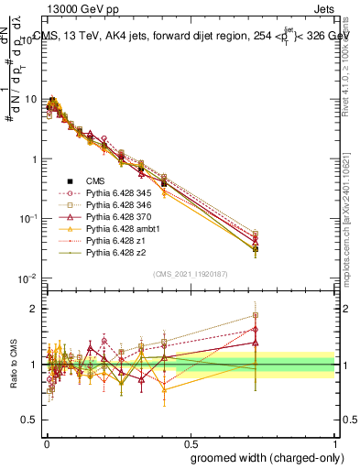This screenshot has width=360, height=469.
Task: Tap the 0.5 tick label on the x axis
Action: tap(190, 441)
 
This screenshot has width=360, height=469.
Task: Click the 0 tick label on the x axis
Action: tap(46, 441)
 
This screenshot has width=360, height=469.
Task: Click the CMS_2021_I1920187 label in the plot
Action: tap(190, 273)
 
